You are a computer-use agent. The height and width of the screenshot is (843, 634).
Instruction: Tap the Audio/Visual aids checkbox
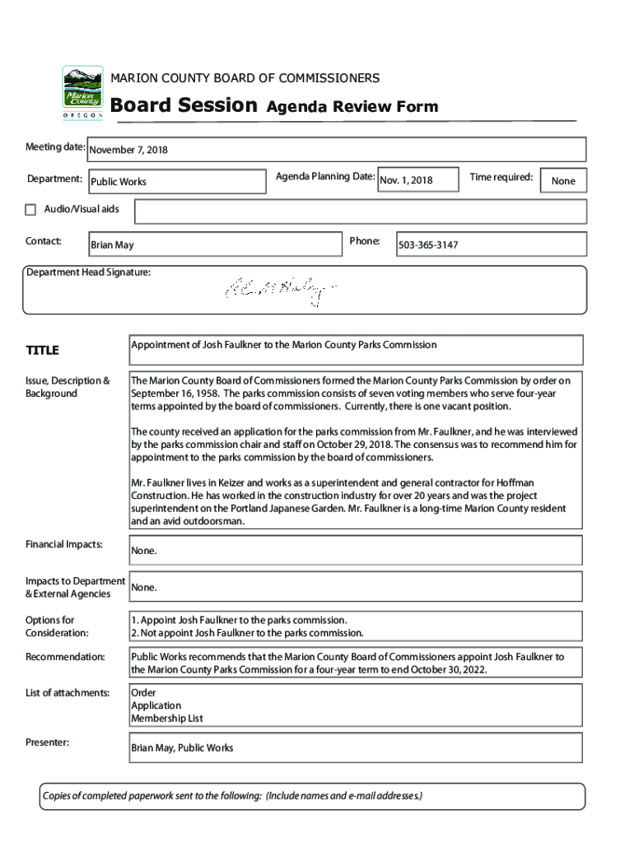(x=30, y=209)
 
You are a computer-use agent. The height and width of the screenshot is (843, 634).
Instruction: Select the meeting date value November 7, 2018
(x=128, y=151)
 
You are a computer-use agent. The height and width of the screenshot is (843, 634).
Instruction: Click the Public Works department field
(x=119, y=181)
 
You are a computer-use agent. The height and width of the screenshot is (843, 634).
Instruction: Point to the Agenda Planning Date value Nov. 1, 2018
(x=405, y=180)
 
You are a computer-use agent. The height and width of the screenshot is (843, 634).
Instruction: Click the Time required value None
(x=563, y=181)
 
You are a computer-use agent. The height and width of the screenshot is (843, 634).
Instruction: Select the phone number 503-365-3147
(x=428, y=245)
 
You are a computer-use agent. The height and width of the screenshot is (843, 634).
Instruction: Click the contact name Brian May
(x=112, y=245)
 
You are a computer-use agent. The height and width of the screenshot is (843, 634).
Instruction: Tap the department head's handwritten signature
(x=280, y=289)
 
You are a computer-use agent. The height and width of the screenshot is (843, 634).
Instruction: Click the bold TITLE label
(x=42, y=351)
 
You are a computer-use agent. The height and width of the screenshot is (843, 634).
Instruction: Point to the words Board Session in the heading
(x=184, y=105)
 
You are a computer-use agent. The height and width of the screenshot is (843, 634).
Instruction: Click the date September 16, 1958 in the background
(x=175, y=394)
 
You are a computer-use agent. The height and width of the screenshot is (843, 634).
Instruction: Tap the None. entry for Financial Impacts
(x=143, y=551)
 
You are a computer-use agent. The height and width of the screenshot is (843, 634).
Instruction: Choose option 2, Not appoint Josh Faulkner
(x=247, y=633)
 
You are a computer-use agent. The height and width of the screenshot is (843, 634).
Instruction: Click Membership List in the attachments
(x=167, y=718)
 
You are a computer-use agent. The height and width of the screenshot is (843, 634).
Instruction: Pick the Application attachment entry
(x=156, y=706)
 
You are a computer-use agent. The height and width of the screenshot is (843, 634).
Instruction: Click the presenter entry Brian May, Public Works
(x=182, y=748)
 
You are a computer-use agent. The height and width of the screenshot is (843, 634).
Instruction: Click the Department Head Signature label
(x=88, y=272)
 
